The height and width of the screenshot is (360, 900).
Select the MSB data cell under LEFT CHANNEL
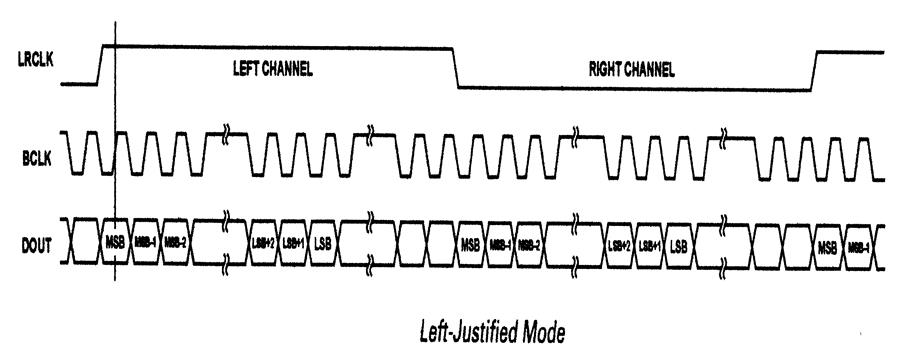click(x=115, y=244)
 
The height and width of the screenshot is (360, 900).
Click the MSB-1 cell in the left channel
click(x=146, y=244)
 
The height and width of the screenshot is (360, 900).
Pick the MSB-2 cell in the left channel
click(x=177, y=244)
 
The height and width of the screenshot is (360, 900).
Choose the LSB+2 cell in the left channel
click(x=264, y=244)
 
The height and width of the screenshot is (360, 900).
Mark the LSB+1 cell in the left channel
click(x=294, y=244)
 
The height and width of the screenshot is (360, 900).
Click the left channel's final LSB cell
click(x=324, y=244)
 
